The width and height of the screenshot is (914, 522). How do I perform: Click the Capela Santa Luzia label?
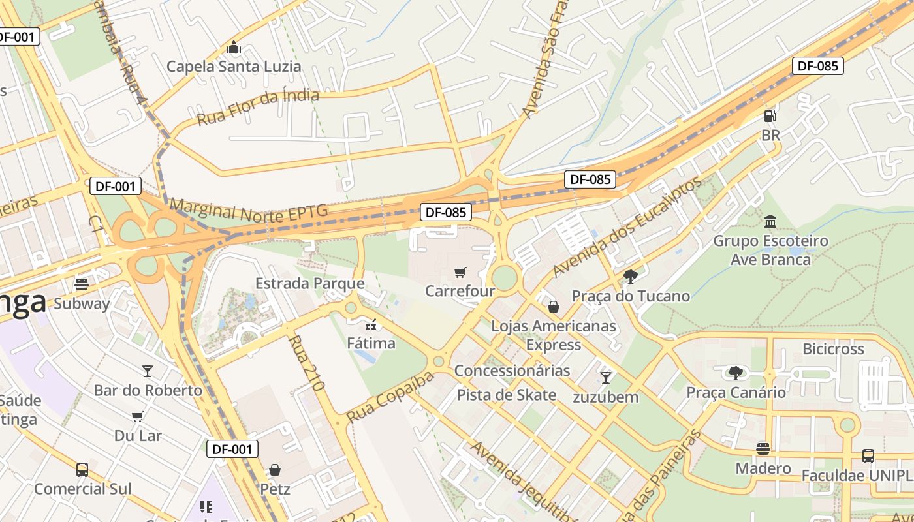pyautogui.click(x=234, y=66)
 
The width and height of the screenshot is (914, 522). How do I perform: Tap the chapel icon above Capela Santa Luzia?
pyautogui.click(x=234, y=48)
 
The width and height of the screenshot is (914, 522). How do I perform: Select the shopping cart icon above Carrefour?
pyautogui.click(x=460, y=272)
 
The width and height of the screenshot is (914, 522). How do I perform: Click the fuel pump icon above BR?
pyautogui.click(x=770, y=116)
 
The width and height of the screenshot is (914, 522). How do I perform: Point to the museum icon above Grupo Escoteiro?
pyautogui.click(x=770, y=221)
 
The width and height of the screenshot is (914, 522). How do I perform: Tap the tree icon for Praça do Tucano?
pyautogui.click(x=630, y=277)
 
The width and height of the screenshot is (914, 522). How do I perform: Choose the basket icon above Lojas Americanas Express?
pyautogui.click(x=554, y=306)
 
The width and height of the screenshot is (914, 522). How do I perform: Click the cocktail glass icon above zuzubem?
pyautogui.click(x=606, y=377)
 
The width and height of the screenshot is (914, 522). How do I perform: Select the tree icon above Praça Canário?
pyautogui.click(x=736, y=373)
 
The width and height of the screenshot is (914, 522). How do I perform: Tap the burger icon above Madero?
pyautogui.click(x=763, y=449)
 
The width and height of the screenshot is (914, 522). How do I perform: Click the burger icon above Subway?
pyautogui.click(x=82, y=284)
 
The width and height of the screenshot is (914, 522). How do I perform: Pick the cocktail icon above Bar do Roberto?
pyautogui.click(x=148, y=371)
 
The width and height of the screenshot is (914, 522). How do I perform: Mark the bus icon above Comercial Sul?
pyautogui.click(x=82, y=470)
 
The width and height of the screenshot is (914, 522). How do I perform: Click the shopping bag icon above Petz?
pyautogui.click(x=275, y=470)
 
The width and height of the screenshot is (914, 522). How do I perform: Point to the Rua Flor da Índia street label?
pyautogui.click(x=258, y=107)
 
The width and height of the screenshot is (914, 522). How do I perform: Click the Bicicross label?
pyautogui.click(x=833, y=349)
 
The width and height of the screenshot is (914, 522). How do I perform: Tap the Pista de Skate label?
pyautogui.click(x=506, y=395)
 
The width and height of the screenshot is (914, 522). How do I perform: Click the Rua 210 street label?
pyautogui.click(x=306, y=363)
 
